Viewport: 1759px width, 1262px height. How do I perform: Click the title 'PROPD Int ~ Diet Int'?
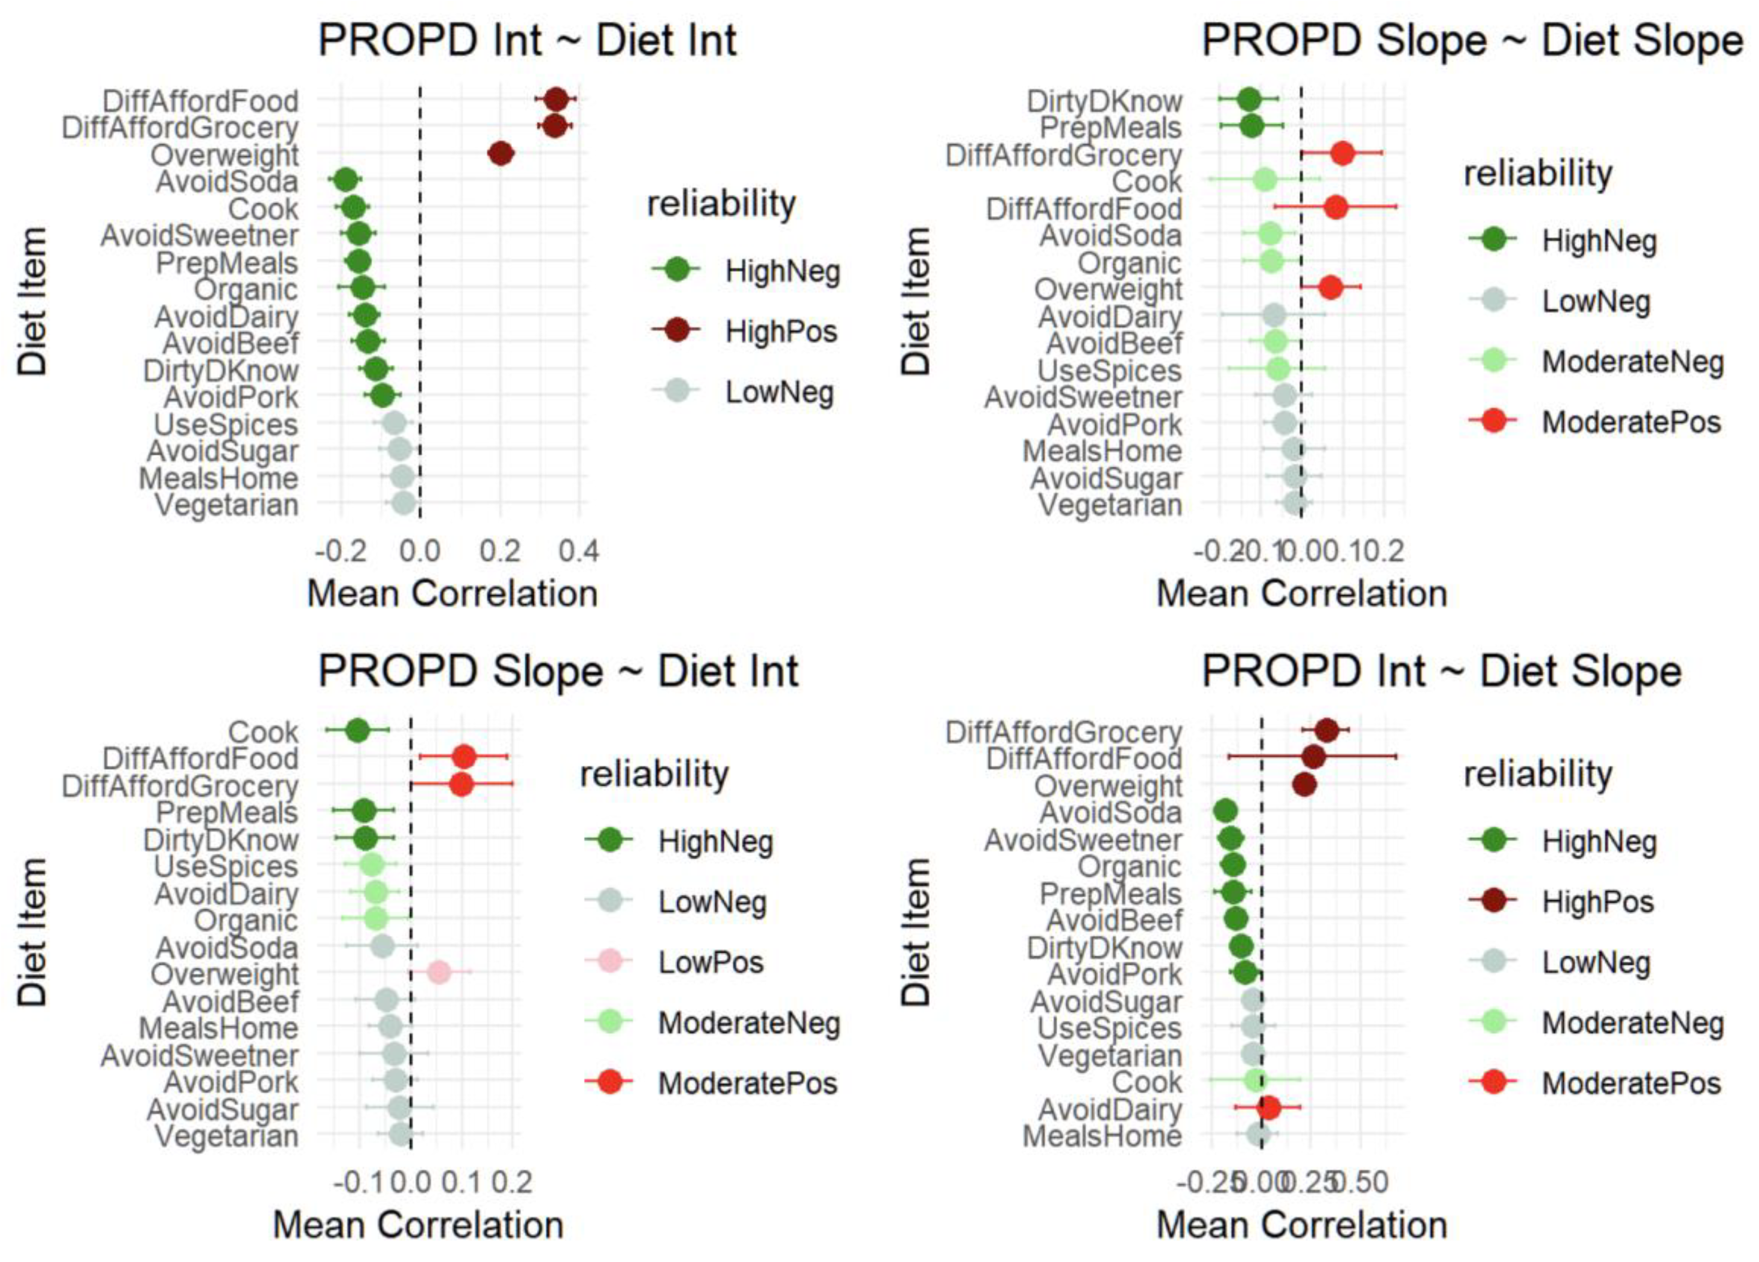pos(527,40)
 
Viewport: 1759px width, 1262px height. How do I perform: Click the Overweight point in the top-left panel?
pos(501,154)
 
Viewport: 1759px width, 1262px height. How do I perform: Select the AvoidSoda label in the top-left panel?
pos(227,182)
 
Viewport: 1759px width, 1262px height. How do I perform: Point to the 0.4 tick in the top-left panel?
pos(579,551)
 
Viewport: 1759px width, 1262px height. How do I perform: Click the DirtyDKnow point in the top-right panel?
pos(1249,99)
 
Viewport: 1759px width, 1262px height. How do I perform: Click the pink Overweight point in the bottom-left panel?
pos(439,972)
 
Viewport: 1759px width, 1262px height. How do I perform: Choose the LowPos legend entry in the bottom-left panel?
pos(710,963)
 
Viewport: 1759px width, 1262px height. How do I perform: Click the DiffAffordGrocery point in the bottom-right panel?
pos(1326,730)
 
